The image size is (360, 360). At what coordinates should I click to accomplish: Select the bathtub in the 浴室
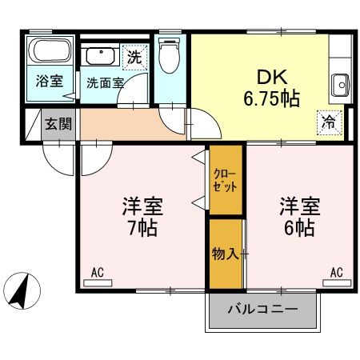tap(50, 52)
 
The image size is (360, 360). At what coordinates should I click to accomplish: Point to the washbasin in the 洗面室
tap(100, 57)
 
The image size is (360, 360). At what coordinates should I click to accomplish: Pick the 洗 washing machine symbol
tap(136, 57)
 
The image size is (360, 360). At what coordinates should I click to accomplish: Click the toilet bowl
tap(169, 55)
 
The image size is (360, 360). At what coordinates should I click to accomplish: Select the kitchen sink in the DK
tap(339, 84)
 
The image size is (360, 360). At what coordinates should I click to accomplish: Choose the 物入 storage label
tap(224, 254)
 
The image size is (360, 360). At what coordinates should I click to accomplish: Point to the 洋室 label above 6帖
tap(299, 205)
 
